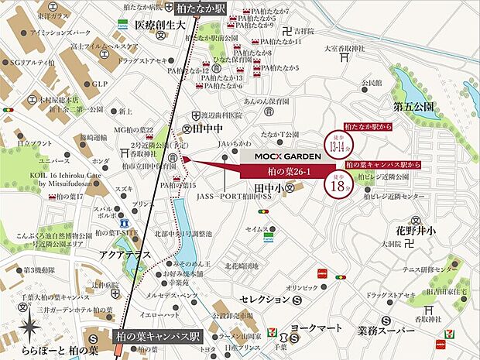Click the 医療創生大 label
click(x=161, y=26)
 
